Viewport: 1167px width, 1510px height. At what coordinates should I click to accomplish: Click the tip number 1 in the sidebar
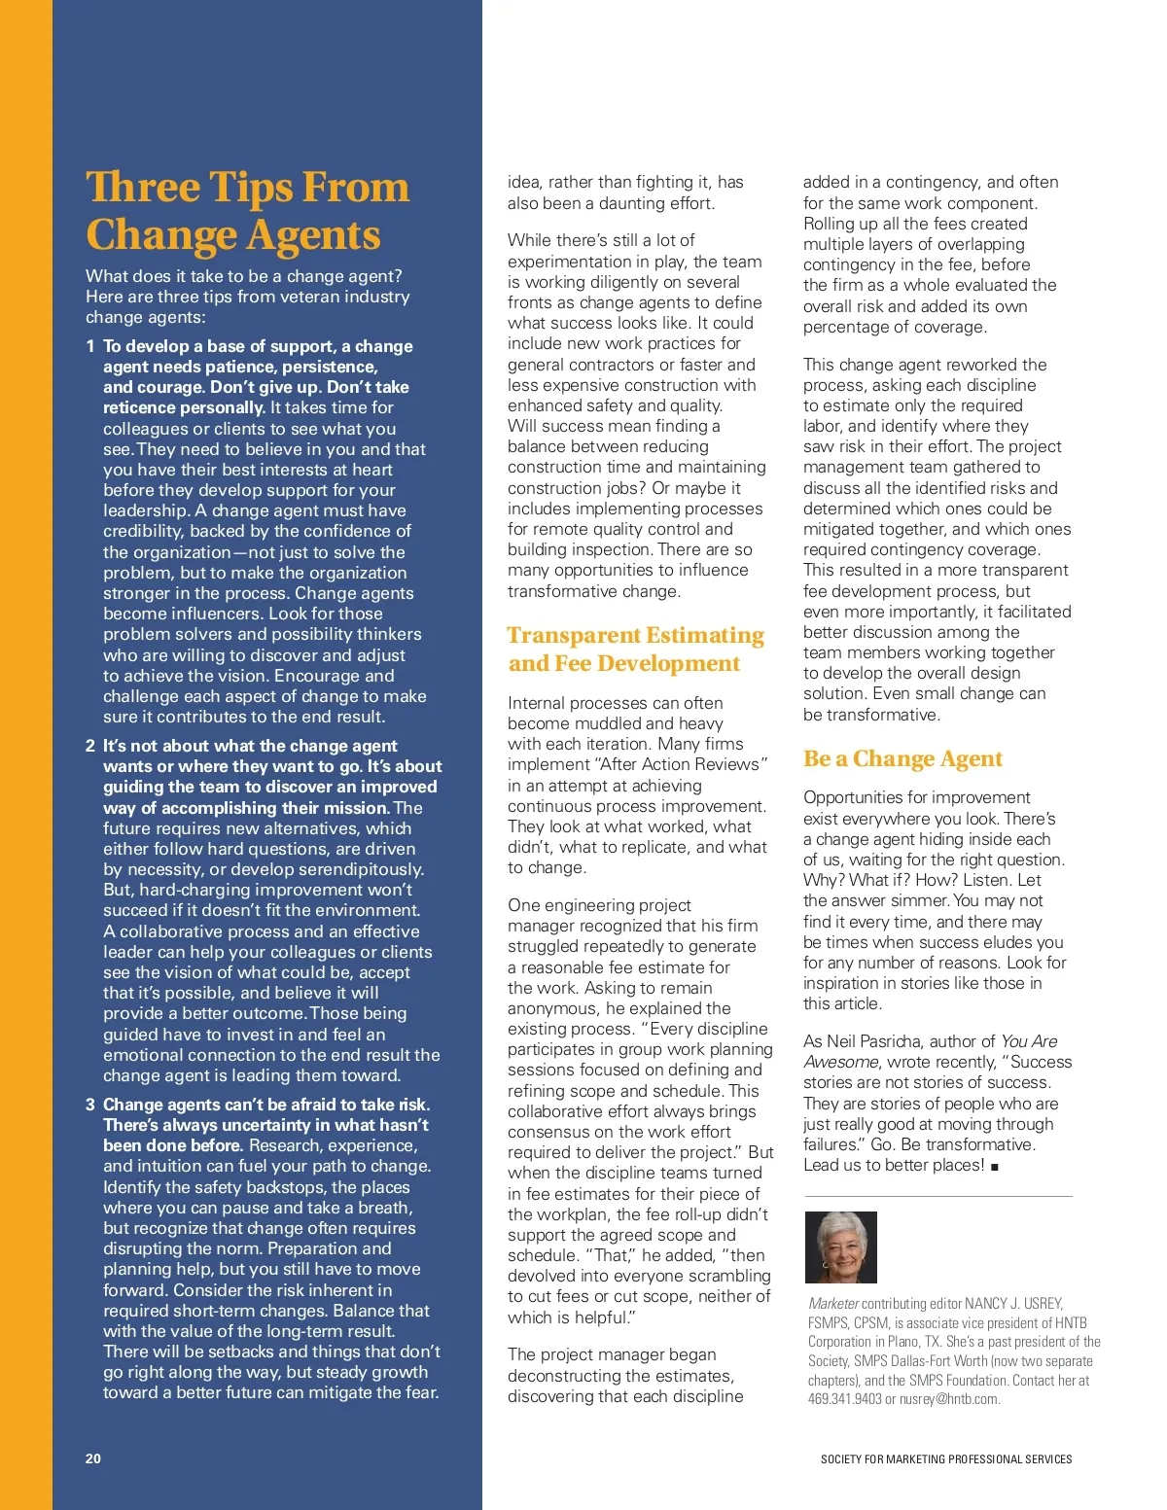[x=90, y=346]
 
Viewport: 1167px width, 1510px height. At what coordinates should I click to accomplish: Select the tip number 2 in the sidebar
[x=90, y=746]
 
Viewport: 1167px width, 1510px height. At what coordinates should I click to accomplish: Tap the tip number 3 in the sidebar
[x=90, y=1105]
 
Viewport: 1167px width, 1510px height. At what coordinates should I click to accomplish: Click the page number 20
[x=93, y=1458]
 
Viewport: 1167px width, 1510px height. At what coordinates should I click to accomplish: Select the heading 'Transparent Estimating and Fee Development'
[x=635, y=649]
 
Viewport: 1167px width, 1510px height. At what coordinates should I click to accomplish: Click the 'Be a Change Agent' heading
[x=902, y=758]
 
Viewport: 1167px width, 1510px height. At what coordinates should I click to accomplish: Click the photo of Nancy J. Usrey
[x=841, y=1247]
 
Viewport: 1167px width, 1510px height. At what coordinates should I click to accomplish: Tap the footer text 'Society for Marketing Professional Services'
[x=945, y=1459]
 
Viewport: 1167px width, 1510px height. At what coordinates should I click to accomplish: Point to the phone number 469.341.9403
[x=844, y=1399]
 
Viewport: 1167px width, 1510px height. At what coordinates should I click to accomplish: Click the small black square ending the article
[x=995, y=1167]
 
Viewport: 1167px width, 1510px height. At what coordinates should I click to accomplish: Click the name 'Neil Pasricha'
[x=886, y=1041]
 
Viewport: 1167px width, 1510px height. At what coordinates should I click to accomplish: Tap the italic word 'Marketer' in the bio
[x=833, y=1304]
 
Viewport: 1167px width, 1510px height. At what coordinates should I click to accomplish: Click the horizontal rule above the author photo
[x=937, y=1196]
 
